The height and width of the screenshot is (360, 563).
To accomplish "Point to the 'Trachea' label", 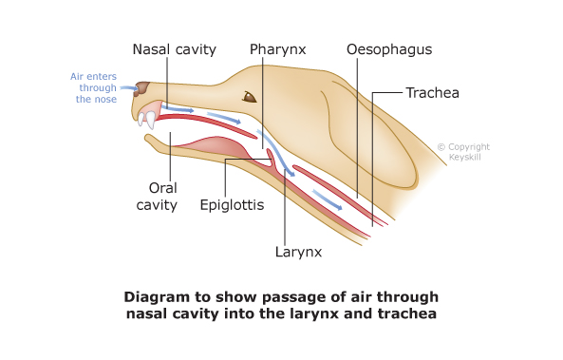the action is click(432, 93).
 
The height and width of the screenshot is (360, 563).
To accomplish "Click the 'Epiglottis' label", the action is click(231, 203).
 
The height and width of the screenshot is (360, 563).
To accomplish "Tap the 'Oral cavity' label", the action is click(162, 196).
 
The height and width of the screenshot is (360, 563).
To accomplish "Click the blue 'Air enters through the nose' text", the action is click(91, 87).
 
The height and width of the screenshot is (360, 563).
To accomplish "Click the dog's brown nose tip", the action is click(141, 91).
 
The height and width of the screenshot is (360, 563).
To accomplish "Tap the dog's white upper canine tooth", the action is click(148, 120).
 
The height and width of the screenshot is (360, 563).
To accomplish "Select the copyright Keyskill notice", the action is click(463, 152).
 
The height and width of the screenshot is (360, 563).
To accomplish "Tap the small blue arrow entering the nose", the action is click(128, 88).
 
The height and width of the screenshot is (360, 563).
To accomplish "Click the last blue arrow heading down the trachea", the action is click(329, 199).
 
